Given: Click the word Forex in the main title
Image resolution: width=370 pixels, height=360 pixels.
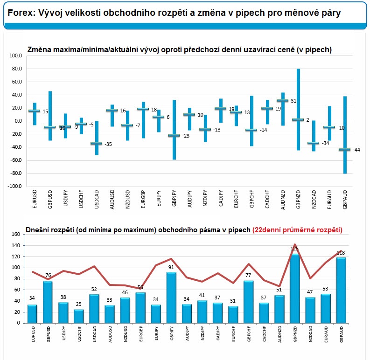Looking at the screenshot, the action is [21, 13].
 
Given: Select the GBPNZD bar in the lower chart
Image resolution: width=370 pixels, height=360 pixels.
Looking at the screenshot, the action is [295, 288].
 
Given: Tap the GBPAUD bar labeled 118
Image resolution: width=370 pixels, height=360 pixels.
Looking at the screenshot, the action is [341, 290].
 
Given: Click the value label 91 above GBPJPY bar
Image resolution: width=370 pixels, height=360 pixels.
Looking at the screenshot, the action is [171, 267].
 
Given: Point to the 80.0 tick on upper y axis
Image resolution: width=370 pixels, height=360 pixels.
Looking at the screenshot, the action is [15, 69].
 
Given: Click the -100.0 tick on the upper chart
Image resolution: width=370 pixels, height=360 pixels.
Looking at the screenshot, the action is [14, 186].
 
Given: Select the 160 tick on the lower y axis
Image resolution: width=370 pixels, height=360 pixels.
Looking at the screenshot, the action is [16, 234].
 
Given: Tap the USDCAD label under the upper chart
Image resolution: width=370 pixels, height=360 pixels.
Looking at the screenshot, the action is [97, 199].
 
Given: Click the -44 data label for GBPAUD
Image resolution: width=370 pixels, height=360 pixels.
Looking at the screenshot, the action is [356, 150].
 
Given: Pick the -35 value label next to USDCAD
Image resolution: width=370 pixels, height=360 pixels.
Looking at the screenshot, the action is [108, 144].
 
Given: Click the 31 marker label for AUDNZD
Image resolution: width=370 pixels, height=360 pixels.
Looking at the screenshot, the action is [293, 101].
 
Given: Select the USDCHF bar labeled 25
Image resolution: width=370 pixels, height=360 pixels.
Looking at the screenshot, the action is [79, 316].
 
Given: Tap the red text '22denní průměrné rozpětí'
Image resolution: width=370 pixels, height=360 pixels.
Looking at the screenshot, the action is [297, 230].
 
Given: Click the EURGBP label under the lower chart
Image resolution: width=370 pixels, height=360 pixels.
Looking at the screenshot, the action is [141, 334].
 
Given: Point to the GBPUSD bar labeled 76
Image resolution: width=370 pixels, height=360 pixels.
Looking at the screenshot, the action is [48, 302].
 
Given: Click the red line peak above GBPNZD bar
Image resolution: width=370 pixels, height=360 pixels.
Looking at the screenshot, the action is [295, 245].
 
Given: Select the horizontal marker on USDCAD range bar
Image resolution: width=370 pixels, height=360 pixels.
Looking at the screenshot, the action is [97, 144].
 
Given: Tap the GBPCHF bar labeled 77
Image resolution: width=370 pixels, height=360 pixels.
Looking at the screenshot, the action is [249, 302].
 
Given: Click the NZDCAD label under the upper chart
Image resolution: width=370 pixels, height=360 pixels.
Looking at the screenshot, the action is [314, 199].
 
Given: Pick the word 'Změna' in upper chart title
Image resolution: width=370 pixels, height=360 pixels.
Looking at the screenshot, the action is [38, 49].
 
